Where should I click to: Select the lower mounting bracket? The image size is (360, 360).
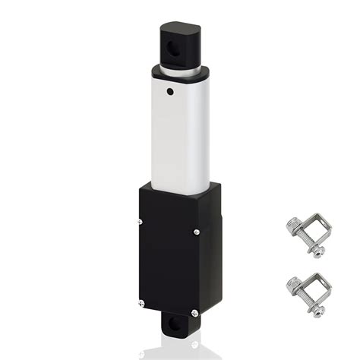(308, 289)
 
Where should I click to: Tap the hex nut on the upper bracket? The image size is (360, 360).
(294, 226)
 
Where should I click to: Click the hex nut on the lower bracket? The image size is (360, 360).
(293, 286)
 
